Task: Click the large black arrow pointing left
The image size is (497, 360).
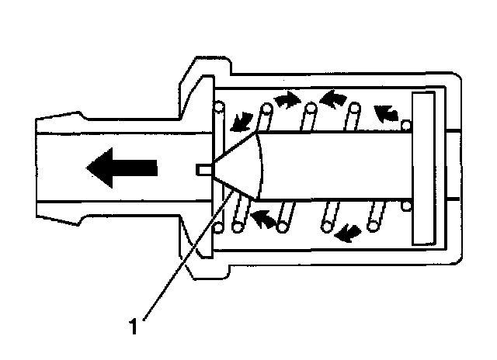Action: (x=122, y=167)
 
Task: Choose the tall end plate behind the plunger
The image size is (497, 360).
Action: (x=428, y=168)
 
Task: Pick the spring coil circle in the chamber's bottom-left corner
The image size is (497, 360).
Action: (x=220, y=227)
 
